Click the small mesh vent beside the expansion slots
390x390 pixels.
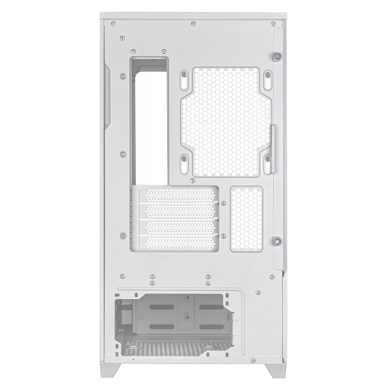click(246, 218)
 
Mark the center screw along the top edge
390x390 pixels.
click(194, 24)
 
